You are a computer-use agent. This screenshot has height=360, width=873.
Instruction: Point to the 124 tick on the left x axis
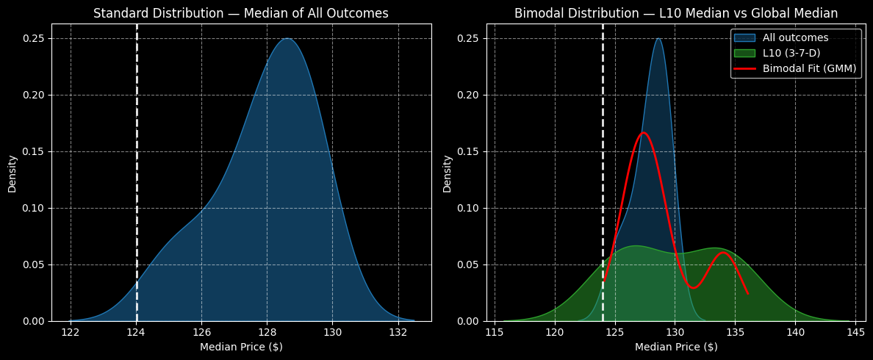tap(136, 331)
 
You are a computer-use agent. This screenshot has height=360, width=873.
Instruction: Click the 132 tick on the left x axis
tap(398, 331)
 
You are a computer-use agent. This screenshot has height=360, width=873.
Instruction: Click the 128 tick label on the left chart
tap(267, 331)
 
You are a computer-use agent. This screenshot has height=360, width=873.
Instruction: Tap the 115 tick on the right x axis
tap(495, 331)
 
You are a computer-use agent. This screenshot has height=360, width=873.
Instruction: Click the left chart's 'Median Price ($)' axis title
tap(241, 347)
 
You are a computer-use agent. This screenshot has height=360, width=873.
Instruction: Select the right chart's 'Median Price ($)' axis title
tap(676, 347)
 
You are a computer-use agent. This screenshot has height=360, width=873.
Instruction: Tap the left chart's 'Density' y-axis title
tap(12, 173)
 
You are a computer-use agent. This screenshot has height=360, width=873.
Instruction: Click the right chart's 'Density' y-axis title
tap(447, 173)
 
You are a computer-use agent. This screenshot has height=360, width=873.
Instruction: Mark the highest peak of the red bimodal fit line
tap(644, 133)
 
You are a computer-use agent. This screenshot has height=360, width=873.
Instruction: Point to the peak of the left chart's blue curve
tap(287, 39)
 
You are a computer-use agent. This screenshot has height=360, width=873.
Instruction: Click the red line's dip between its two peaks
tap(692, 287)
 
